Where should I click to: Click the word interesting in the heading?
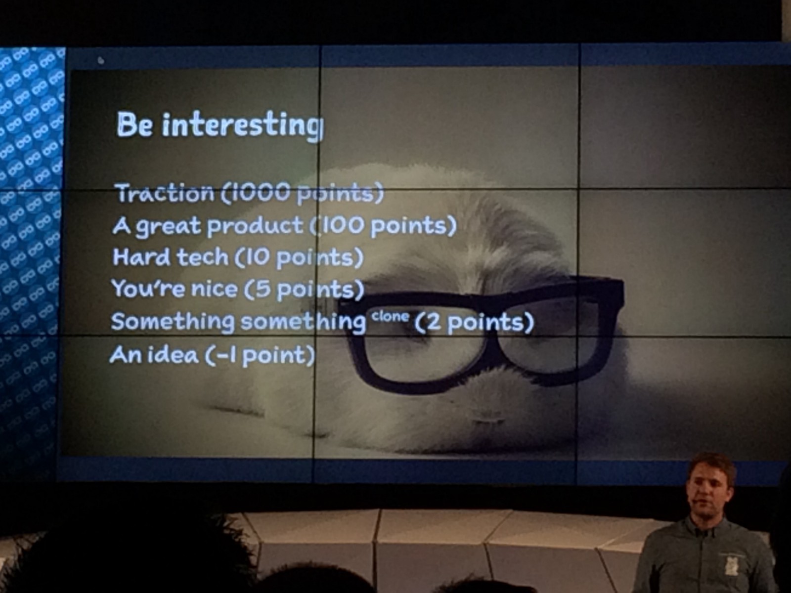click(x=243, y=126)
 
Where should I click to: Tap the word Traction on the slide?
click(x=165, y=193)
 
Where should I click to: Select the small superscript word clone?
click(x=391, y=316)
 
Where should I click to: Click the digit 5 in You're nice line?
click(x=264, y=289)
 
